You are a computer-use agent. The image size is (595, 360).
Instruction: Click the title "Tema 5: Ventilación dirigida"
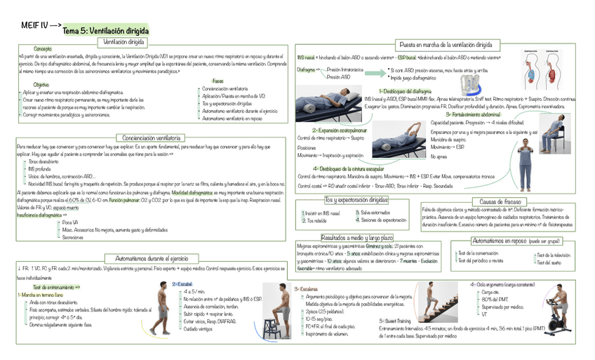[x=105, y=31]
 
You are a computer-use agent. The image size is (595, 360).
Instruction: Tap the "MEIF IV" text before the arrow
[x=32, y=26]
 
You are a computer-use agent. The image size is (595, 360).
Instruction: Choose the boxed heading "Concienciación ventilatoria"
[x=149, y=138]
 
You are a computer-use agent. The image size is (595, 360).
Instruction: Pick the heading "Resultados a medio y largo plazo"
[x=357, y=238]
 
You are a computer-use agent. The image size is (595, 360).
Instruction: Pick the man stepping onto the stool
[x=283, y=309]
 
